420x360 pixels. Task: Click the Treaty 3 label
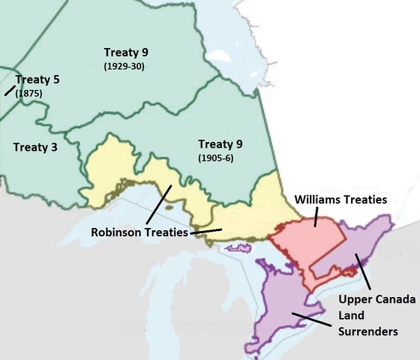pyautogui.click(x=35, y=148)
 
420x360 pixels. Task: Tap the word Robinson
pyautogui.click(x=116, y=232)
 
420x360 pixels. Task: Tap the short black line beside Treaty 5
pyautogui.click(x=9, y=91)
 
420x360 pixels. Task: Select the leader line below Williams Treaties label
pyautogui.click(x=316, y=217)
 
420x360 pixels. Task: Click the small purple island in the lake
pyautogui.click(x=239, y=247)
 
